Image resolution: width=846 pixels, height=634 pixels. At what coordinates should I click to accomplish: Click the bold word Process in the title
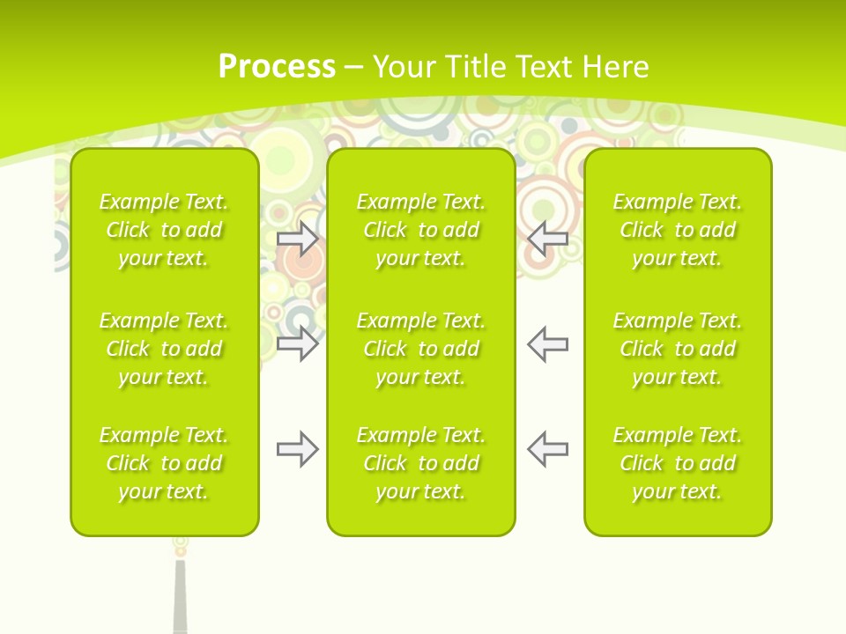(277, 67)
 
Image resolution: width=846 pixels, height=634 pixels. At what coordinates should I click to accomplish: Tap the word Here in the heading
(618, 67)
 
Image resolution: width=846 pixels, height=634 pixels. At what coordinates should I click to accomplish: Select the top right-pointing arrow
(298, 239)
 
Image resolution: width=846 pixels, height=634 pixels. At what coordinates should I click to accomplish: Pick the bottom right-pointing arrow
(298, 449)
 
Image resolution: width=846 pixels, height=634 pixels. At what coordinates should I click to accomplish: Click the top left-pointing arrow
(547, 239)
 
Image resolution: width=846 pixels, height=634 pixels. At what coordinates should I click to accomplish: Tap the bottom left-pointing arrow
(547, 449)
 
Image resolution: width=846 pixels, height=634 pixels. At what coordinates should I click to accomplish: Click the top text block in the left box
(164, 230)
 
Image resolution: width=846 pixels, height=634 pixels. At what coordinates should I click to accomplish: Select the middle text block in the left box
(164, 349)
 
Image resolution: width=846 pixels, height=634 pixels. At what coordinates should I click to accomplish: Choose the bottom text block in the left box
(164, 463)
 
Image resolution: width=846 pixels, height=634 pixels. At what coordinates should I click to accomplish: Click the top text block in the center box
(421, 230)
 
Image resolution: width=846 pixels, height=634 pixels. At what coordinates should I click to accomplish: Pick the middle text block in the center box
(421, 349)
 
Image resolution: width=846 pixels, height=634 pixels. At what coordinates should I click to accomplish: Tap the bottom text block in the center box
(421, 463)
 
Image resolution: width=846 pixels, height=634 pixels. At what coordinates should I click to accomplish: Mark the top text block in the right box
(678, 230)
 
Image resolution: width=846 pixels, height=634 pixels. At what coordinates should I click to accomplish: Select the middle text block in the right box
(678, 349)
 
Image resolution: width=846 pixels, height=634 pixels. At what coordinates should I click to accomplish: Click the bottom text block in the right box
(678, 463)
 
